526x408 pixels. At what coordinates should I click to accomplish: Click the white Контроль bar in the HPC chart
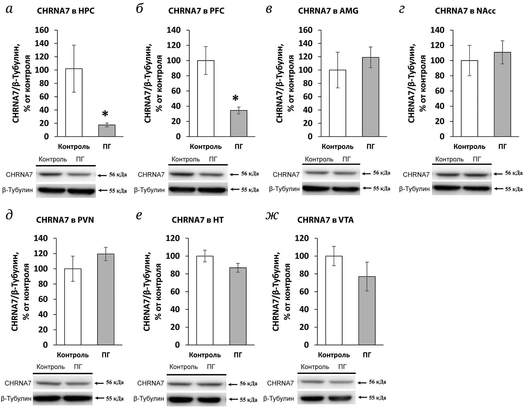coord(74,102)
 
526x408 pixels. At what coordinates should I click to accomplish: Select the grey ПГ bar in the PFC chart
coord(238,123)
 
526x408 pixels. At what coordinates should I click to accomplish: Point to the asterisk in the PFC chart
coord(236,99)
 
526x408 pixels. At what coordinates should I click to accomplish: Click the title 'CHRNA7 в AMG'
coord(328,11)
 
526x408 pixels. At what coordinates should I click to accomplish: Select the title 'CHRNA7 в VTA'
coord(325,220)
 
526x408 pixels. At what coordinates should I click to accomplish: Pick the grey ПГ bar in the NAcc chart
coord(502,94)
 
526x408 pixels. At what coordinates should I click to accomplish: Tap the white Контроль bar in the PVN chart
coord(73,306)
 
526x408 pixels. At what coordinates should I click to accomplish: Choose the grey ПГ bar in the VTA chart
coord(367,310)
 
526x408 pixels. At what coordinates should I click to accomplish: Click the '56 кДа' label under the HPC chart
coord(118,175)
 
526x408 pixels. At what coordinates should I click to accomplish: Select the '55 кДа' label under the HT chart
coord(248,400)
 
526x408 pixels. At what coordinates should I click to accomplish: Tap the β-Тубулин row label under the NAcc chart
coord(414,189)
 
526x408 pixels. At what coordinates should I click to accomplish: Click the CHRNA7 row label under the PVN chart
coord(18,383)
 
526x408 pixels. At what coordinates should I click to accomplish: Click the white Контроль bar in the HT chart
coord(205,300)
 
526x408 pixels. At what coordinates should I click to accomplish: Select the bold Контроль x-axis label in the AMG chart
coord(337,147)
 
